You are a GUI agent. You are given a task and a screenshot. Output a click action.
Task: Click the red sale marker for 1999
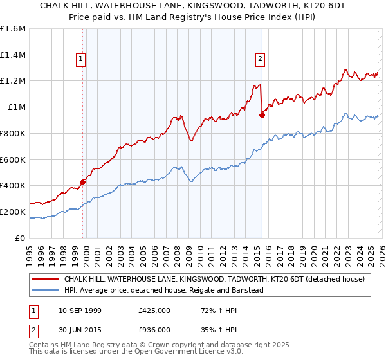click(x=83, y=182)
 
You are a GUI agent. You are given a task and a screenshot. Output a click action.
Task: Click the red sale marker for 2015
click(x=262, y=115)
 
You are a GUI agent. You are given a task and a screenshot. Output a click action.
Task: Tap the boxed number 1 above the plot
click(x=81, y=59)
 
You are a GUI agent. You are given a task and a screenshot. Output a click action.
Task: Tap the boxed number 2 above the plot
click(x=261, y=59)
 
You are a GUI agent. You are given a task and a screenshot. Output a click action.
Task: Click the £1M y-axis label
click(x=17, y=107)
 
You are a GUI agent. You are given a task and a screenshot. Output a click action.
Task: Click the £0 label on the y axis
click(x=21, y=238)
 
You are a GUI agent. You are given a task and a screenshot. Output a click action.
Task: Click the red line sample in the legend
click(x=46, y=280)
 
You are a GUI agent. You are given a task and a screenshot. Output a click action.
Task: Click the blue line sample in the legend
click(x=46, y=290)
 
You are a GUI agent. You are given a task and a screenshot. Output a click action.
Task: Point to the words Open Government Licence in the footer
click(x=140, y=353)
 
